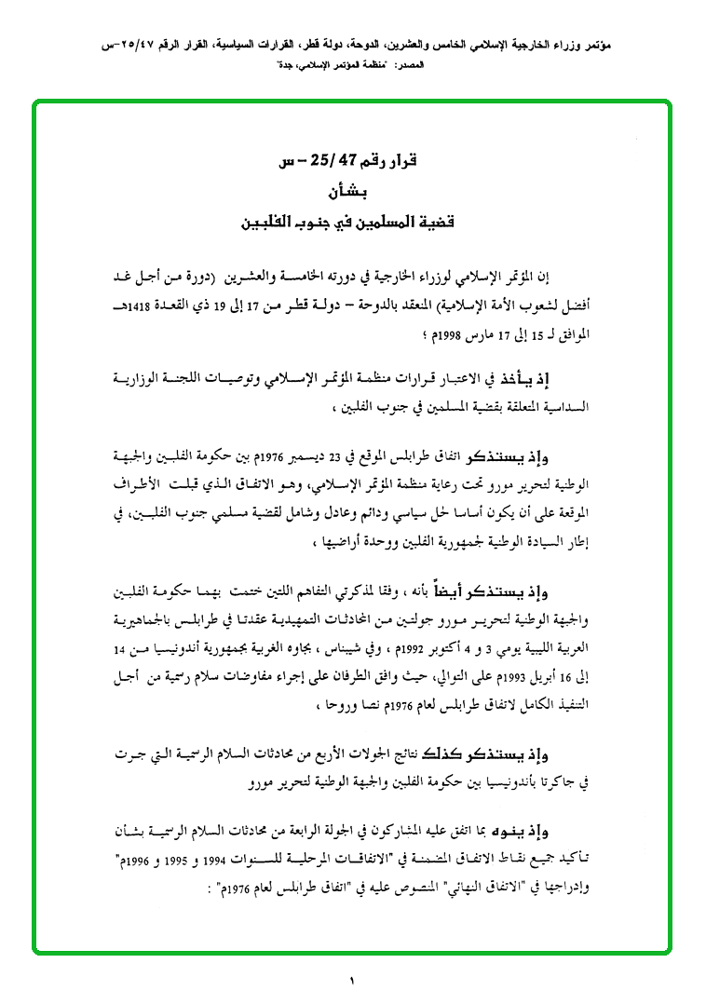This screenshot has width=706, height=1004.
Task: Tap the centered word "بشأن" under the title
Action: click(x=353, y=194)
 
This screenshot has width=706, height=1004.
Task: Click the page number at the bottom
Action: click(x=353, y=979)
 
